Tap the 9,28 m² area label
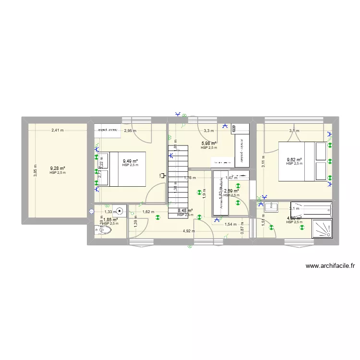58,168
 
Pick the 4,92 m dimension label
189,231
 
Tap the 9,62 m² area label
294,160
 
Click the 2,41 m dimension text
58,130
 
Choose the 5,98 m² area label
209,144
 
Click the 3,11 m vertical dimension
264,163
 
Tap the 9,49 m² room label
130,161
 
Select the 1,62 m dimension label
148,212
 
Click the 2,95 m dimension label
130,131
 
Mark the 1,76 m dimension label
190,178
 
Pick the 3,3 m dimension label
208,131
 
